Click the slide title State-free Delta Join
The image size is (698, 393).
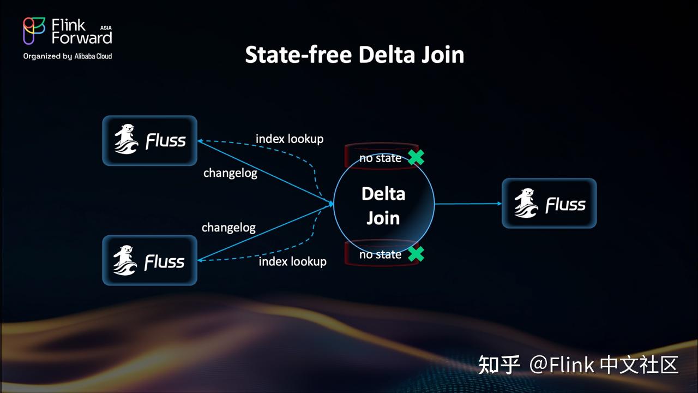click(x=354, y=55)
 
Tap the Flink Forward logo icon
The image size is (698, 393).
click(x=34, y=31)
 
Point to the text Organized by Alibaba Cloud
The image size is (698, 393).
click(x=68, y=56)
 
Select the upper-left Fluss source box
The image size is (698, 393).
click(x=149, y=140)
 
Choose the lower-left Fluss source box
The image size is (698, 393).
click(x=149, y=260)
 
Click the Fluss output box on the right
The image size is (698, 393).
click(x=549, y=203)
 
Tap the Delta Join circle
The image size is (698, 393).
click(x=383, y=205)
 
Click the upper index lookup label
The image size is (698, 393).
click(x=290, y=139)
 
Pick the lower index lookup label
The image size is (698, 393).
click(x=292, y=262)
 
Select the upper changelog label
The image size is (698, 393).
click(x=230, y=173)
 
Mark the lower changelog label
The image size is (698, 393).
click(x=228, y=227)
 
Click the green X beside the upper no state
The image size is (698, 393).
click(x=416, y=157)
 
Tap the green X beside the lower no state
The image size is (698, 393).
click(x=416, y=254)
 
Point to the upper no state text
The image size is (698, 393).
click(x=380, y=158)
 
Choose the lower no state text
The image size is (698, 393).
click(x=380, y=255)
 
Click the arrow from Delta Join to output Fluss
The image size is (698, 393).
click(x=468, y=204)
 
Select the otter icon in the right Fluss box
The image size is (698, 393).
click(x=526, y=203)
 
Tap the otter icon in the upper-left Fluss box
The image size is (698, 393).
click(x=127, y=140)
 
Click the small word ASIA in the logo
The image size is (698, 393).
click(x=106, y=27)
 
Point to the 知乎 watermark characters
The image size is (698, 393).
click(x=499, y=365)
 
